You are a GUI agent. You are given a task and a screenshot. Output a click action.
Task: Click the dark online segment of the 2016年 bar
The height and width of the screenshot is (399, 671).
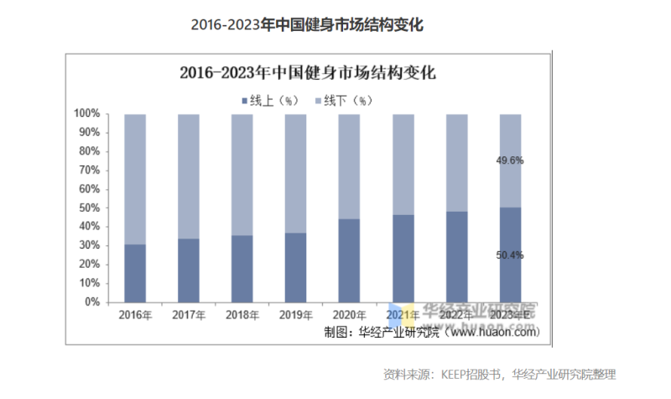tap(134, 273)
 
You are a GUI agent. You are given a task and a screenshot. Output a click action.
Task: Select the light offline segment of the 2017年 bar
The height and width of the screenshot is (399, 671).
tap(188, 176)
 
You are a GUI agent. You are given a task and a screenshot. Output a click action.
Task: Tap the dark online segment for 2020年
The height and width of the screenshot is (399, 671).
tap(349, 260)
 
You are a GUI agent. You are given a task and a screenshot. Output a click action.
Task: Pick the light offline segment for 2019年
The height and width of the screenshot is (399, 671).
tap(295, 173)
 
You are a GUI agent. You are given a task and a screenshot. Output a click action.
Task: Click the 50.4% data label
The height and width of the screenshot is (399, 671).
tap(510, 255)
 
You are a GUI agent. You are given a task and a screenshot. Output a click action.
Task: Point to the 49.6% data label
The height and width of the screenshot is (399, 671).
tap(510, 160)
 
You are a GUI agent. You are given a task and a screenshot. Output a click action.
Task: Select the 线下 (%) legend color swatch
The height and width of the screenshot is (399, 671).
tap(318, 100)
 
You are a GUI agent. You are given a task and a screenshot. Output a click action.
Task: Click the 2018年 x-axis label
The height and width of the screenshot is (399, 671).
tap(242, 316)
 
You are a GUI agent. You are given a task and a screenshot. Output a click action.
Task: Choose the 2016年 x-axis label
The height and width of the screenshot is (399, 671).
tap(134, 316)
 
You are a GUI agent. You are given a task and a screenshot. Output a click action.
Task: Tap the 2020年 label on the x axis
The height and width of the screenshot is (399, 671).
tap(349, 316)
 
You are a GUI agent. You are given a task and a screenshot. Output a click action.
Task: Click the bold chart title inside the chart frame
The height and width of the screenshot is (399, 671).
tap(308, 72)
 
